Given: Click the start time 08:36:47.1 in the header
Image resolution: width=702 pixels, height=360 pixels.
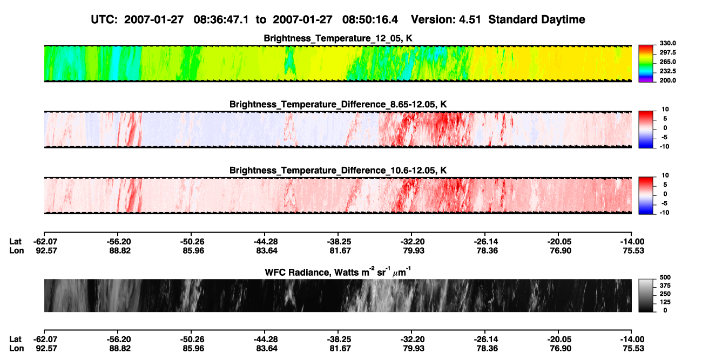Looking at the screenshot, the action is point(221,20).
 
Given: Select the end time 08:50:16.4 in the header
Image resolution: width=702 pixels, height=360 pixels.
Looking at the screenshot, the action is point(370,20).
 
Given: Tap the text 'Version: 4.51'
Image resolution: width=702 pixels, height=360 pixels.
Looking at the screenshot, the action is point(446,20).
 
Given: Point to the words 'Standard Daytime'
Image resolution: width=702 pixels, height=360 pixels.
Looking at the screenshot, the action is point(537,20).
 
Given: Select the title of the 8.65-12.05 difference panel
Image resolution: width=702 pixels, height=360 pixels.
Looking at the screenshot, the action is point(338,104).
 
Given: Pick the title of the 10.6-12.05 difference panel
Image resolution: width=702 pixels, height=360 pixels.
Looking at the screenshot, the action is point(338,171).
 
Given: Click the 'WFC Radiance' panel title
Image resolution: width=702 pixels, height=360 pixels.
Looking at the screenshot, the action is point(338,272).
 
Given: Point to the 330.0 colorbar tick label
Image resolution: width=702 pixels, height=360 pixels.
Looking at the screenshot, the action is point(667,43).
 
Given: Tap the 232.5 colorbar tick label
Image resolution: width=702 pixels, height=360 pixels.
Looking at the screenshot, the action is point(667,71).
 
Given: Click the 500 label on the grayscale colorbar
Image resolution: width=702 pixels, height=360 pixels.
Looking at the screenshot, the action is point(665,277).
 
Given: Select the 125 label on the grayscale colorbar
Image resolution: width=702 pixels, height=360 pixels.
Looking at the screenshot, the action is point(665,302).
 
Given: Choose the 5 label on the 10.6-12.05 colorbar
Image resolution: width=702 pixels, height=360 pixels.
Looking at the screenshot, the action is point(665,185).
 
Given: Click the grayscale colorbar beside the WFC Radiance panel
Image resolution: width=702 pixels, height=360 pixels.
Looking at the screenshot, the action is point(646,295).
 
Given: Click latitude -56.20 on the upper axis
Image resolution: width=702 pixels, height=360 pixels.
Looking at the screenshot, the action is point(118,242).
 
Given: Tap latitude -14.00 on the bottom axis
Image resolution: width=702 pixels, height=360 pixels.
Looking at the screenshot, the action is point(632,339).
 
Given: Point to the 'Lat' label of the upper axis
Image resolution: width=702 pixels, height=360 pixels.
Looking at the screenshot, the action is point(15,242).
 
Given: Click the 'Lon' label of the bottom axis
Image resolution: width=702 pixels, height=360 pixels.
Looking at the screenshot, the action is point(16,349).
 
